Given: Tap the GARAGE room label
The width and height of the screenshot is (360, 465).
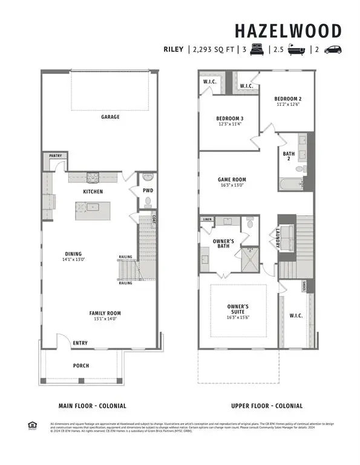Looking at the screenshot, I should (x=110, y=117).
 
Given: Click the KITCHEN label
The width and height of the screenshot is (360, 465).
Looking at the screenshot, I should (x=93, y=192).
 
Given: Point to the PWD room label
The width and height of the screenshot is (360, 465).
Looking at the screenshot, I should (x=148, y=191).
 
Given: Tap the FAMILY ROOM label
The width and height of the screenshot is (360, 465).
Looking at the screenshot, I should (x=106, y=314).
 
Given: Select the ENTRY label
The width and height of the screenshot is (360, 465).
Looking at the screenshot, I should (x=80, y=343).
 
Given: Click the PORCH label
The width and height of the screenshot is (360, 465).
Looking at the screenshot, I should (x=80, y=365).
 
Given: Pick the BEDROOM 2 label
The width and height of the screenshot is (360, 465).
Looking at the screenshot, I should (x=287, y=99).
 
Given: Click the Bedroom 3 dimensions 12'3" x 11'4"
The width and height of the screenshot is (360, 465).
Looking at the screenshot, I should (x=230, y=124).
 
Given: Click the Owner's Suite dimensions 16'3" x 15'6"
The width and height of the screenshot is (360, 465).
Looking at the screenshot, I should (x=238, y=315).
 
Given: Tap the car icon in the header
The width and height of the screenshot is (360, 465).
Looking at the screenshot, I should (x=333, y=50).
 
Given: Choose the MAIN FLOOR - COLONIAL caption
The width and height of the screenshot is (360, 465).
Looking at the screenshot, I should (x=92, y=406).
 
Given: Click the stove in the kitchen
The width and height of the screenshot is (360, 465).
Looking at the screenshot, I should (x=93, y=177).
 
